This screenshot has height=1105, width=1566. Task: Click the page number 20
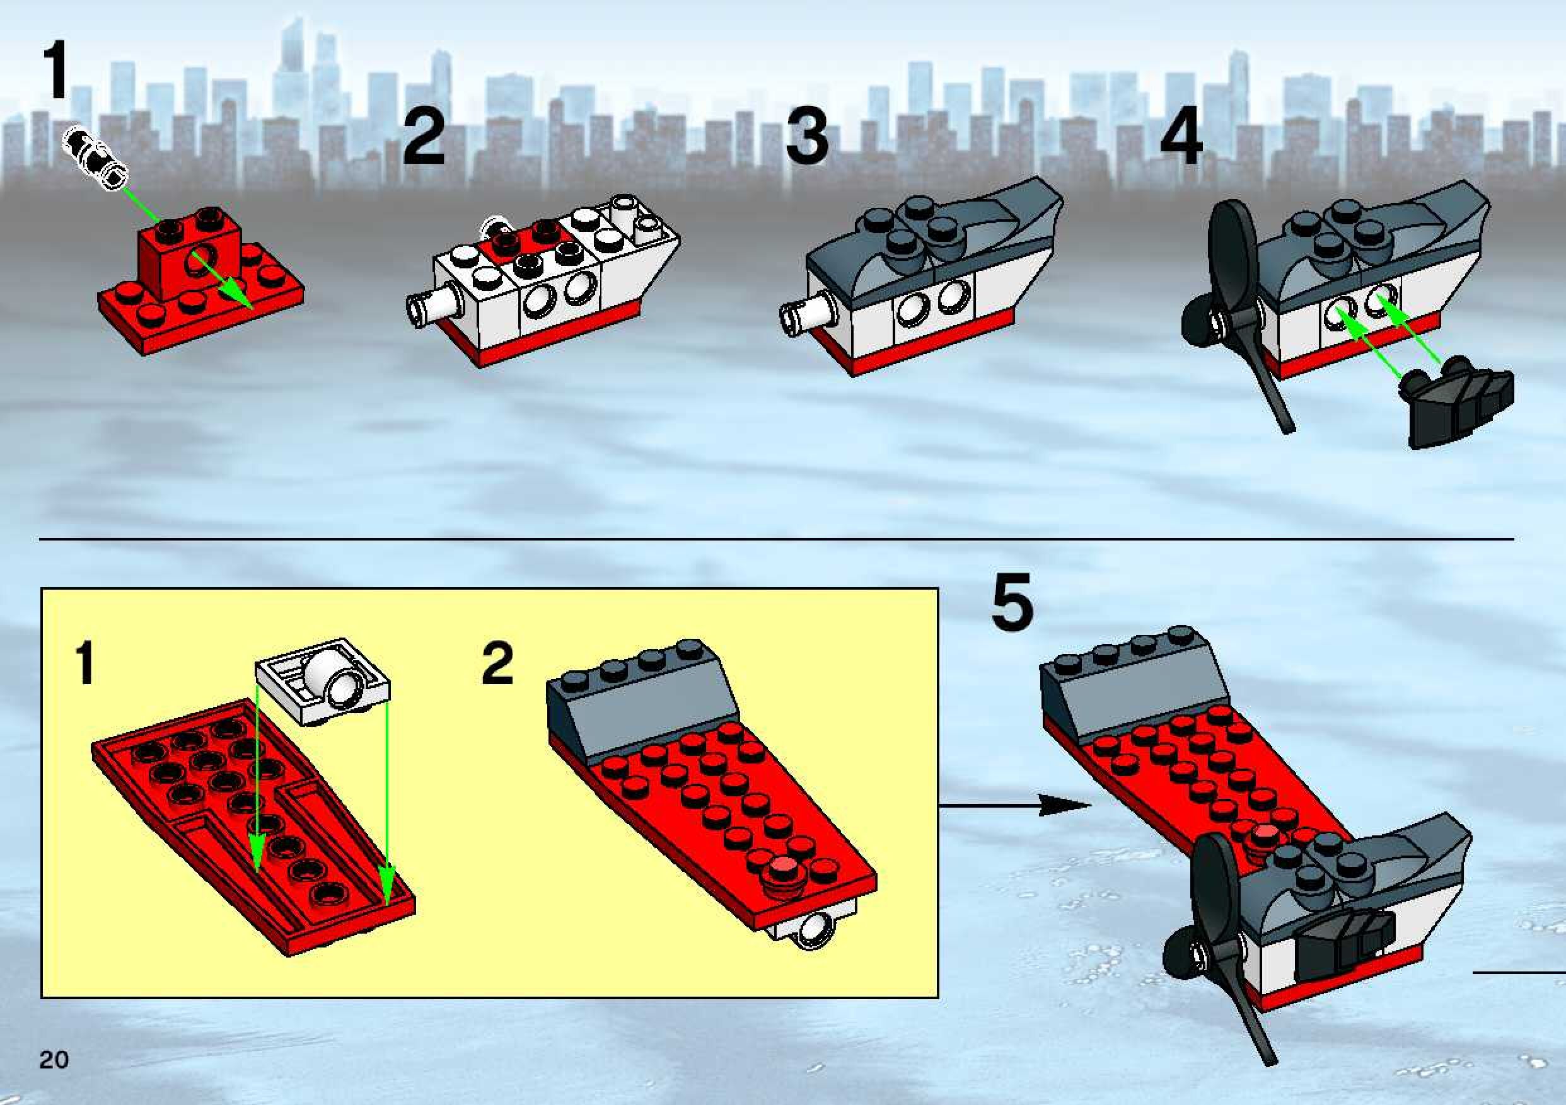point(54,1060)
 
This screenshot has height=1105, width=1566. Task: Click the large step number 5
point(1013,603)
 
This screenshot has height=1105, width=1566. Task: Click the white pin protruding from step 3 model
point(808,314)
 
